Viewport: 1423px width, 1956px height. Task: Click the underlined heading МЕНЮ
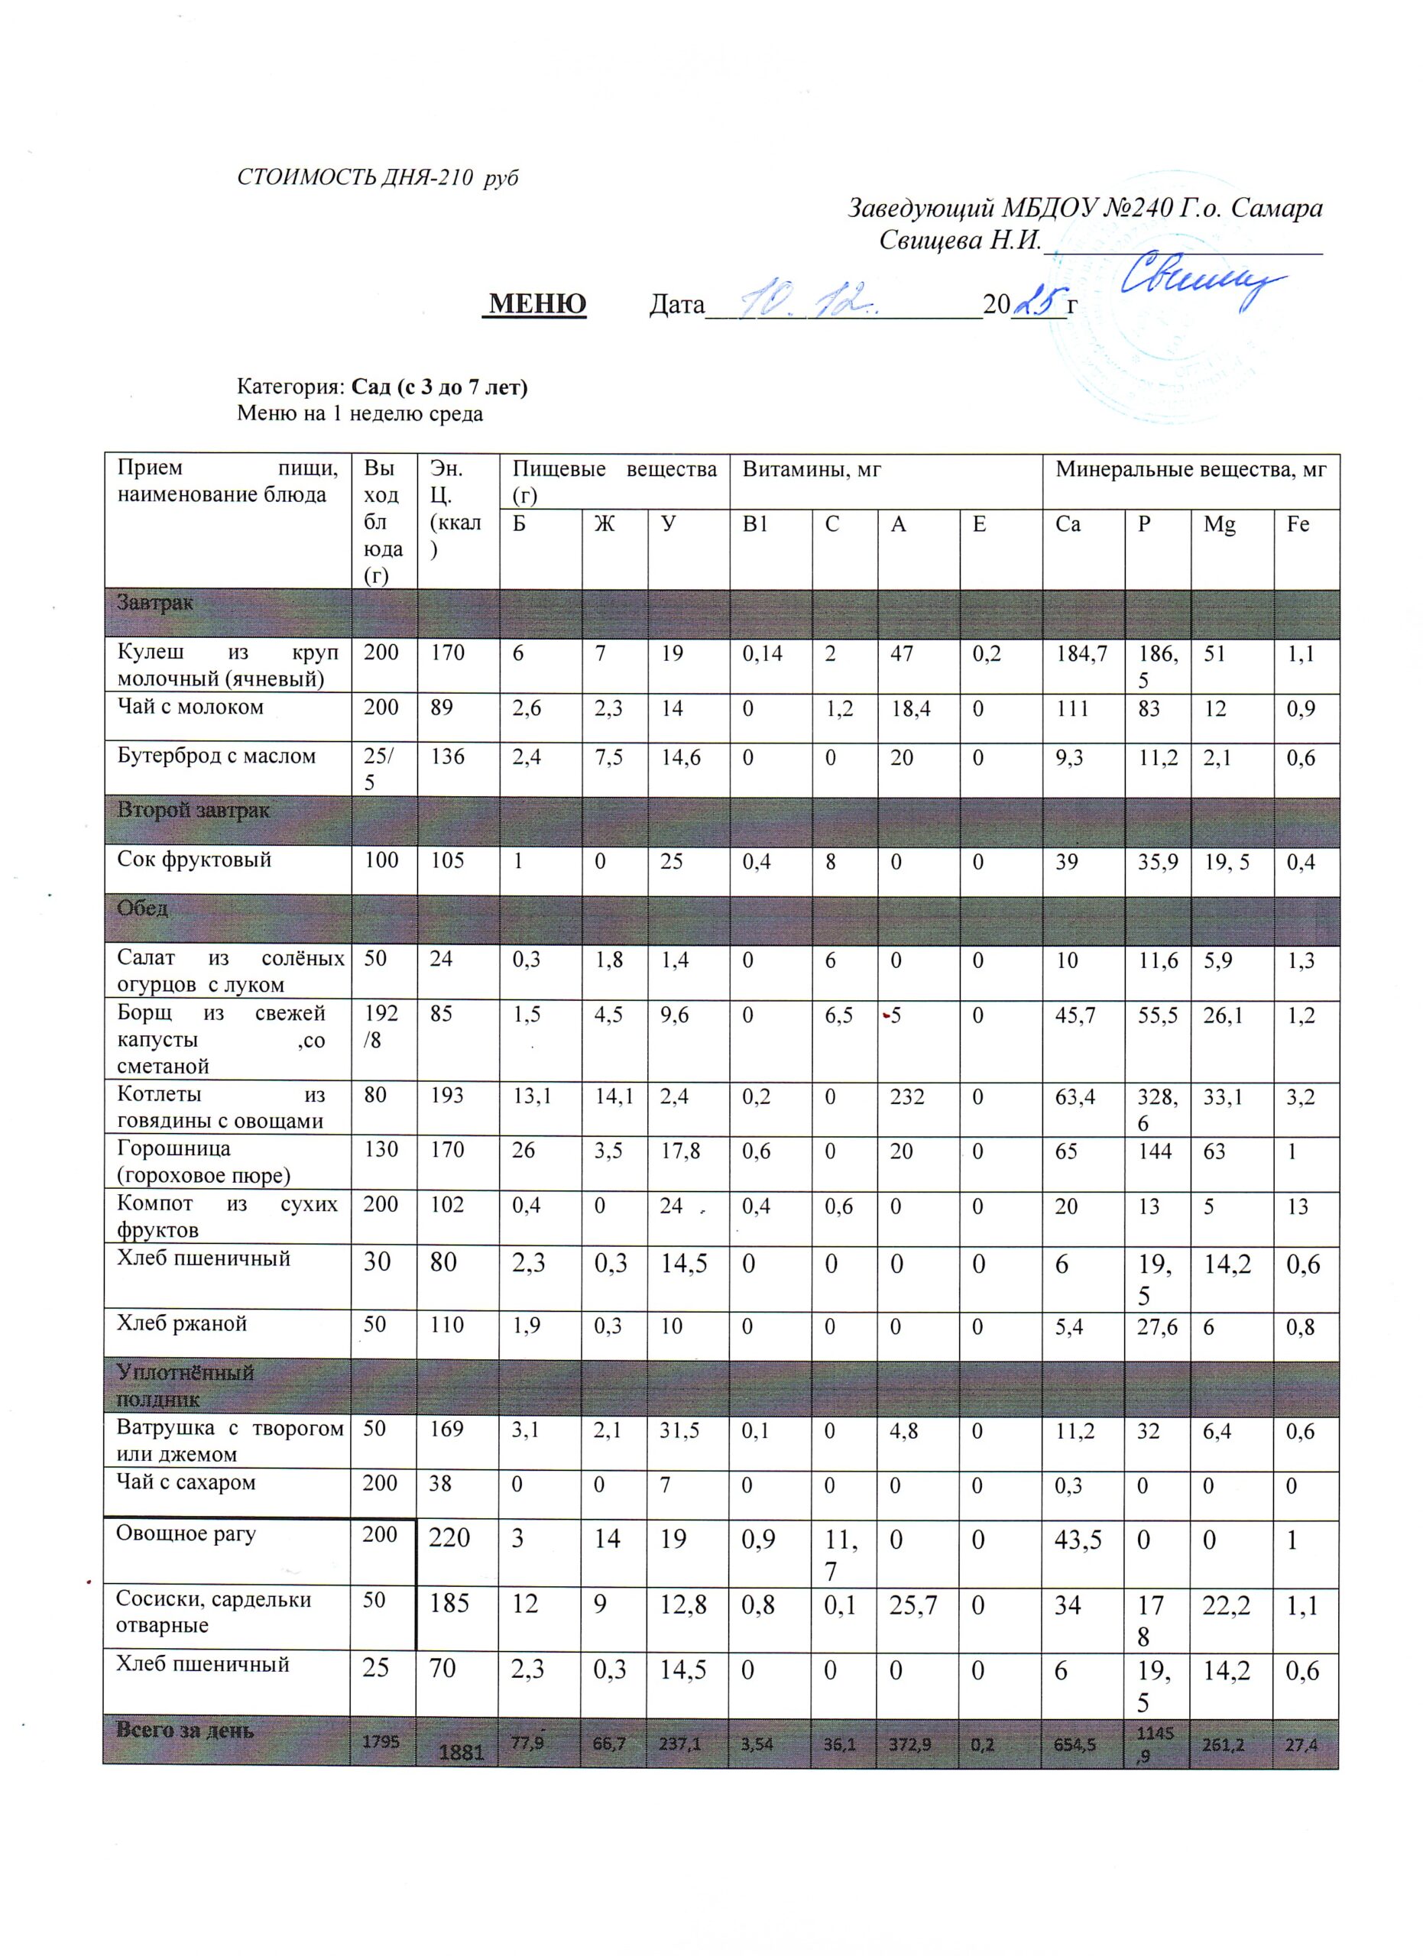pos(537,303)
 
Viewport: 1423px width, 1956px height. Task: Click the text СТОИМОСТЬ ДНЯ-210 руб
pos(378,179)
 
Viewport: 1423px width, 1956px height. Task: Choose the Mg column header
pos(1220,524)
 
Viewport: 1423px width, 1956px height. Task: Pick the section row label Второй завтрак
pos(193,811)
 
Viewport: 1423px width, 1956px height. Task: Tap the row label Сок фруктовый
pos(194,860)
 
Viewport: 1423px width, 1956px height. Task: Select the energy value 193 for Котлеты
pos(449,1096)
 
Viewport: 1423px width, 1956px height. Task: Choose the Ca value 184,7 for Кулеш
pos(1081,653)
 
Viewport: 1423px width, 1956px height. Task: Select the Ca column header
pos(1068,524)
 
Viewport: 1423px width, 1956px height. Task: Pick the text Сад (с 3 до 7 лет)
pos(440,387)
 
